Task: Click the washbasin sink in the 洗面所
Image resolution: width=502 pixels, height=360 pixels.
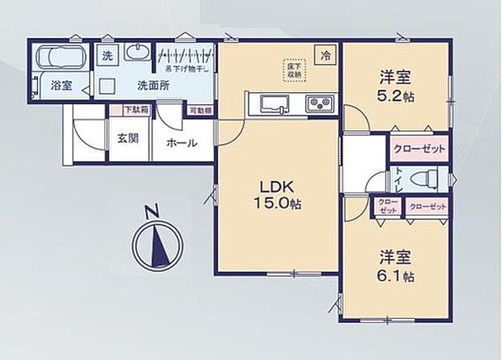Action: (139, 54)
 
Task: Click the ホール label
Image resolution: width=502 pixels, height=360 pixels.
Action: (181, 142)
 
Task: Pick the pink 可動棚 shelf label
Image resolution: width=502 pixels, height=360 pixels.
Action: (200, 110)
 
